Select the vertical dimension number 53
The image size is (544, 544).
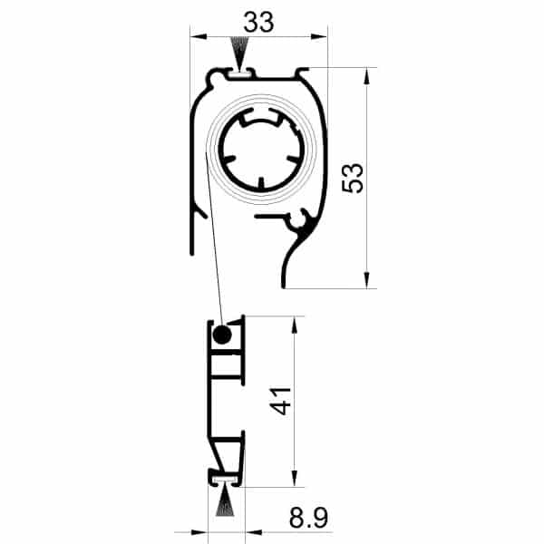pyautogui.click(x=355, y=178)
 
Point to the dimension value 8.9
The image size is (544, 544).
pyautogui.click(x=307, y=519)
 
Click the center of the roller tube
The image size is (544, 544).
pyautogui.click(x=263, y=152)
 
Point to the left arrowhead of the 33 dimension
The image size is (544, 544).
pyautogui.click(x=197, y=37)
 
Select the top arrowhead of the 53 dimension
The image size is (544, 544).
pyautogui.click(x=366, y=75)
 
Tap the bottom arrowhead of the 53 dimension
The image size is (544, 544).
pyautogui.click(x=366, y=280)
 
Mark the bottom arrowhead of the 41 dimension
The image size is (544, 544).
pyautogui.click(x=293, y=480)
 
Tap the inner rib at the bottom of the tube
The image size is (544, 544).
pyautogui.click(x=263, y=184)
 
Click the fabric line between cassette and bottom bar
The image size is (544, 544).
pyautogui.click(x=214, y=254)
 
